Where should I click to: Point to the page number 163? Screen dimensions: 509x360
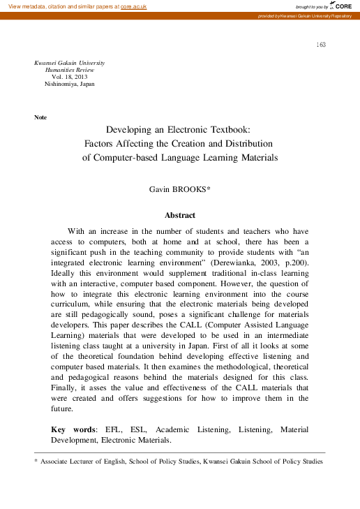click(321, 45)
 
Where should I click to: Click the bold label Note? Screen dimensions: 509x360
click(40, 117)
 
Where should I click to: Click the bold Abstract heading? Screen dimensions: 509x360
click(179, 215)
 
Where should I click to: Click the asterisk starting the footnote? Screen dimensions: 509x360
click(36, 462)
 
